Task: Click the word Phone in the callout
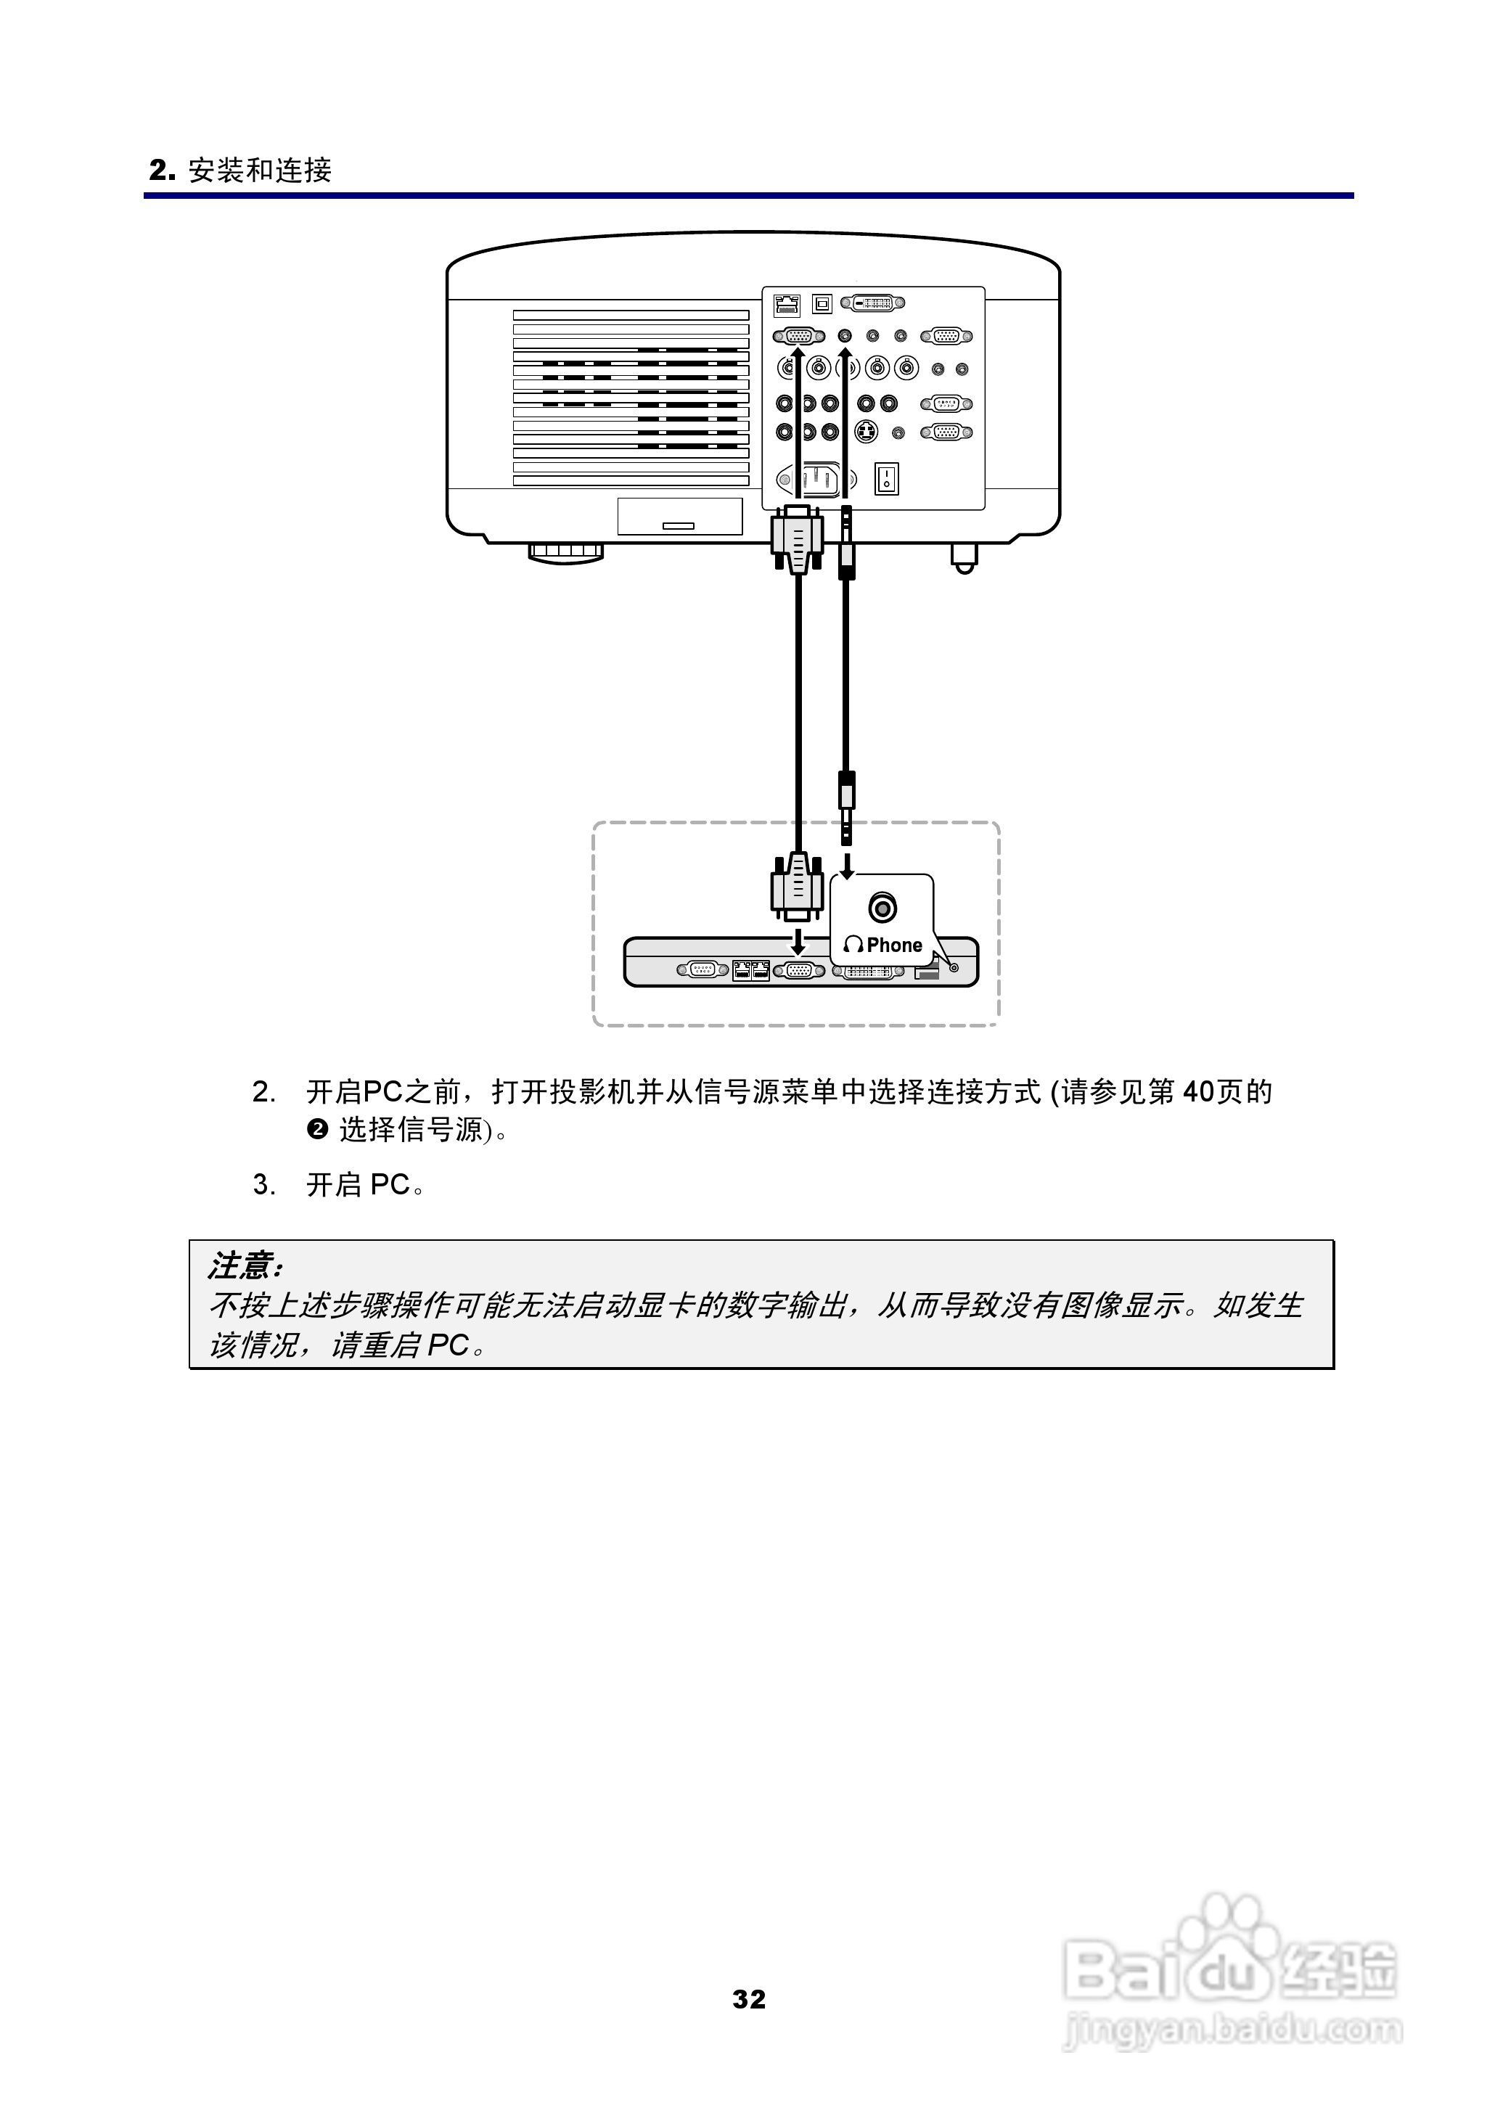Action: (894, 945)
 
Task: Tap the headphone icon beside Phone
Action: (853, 945)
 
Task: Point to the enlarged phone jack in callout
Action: (882, 908)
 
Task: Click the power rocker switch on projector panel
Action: (885, 479)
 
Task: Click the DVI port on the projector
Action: (875, 302)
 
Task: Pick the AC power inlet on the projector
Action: (816, 479)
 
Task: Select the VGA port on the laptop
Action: (799, 970)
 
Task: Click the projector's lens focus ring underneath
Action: (565, 552)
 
